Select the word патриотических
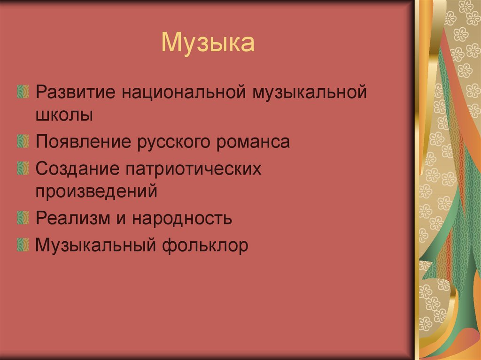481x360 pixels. pyautogui.click(x=193, y=169)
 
